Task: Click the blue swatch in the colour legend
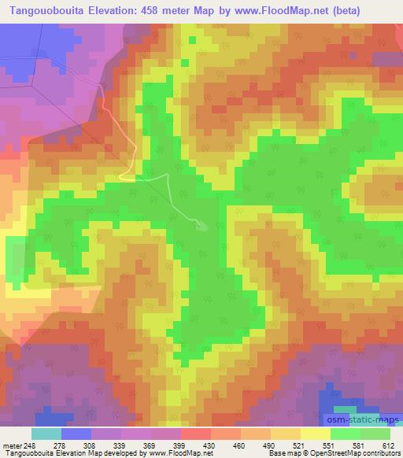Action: click(76, 434)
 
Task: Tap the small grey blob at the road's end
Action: click(202, 227)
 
